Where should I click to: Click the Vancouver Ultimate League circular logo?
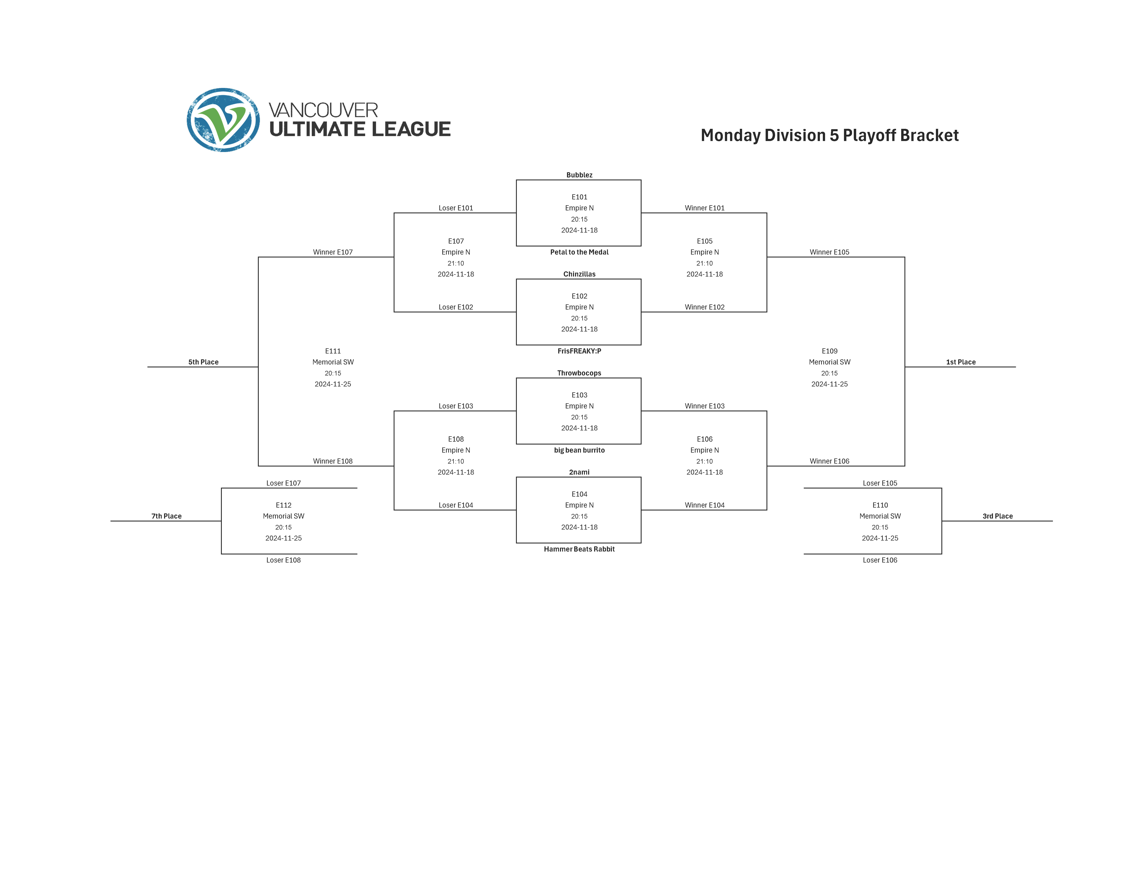(x=223, y=120)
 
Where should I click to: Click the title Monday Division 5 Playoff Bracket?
(x=829, y=136)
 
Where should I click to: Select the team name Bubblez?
(x=579, y=175)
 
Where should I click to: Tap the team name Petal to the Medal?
(x=579, y=252)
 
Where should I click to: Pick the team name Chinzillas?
(x=579, y=274)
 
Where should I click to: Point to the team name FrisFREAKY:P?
(x=579, y=351)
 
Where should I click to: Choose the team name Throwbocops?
(x=579, y=373)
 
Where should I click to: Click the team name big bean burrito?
(x=579, y=451)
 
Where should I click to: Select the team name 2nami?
(x=579, y=472)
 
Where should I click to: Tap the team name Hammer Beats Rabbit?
(x=579, y=549)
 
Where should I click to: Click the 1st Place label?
(x=961, y=362)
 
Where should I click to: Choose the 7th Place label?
(x=166, y=516)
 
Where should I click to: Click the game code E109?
(x=829, y=351)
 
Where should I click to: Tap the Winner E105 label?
(x=829, y=252)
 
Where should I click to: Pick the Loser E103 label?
(x=455, y=406)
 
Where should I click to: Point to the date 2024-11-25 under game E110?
(x=880, y=538)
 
